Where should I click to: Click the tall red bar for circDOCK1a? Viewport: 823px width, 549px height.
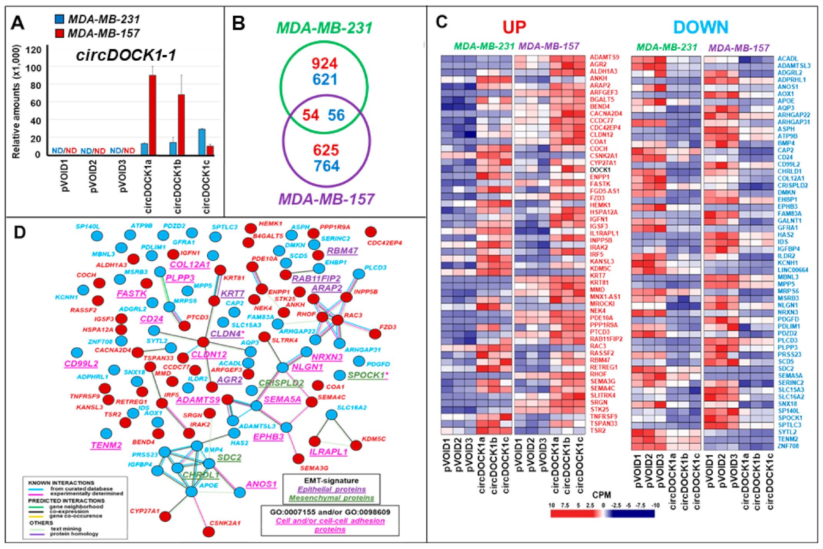pos(153,114)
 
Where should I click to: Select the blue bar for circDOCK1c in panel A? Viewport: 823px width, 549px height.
pos(202,142)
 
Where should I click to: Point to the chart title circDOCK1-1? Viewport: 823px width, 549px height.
pos(126,56)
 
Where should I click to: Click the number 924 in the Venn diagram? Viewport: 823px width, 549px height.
pos(324,63)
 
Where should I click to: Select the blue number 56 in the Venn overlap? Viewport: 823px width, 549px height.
pos(336,115)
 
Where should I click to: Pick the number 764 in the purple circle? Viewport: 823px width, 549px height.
pos(326,166)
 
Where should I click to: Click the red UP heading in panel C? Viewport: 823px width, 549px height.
pos(514,27)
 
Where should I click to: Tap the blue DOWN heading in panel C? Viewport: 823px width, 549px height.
pos(701,27)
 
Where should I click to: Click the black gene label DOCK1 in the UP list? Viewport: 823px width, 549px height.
pos(600,170)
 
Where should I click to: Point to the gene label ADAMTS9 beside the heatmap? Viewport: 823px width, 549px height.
pos(605,57)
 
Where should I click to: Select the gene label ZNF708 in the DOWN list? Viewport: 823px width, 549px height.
pos(788,446)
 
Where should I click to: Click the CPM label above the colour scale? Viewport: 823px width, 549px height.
pos(601,495)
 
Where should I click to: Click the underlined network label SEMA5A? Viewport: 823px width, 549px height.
pos(282,400)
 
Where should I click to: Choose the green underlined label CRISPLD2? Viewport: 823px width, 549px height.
pos(281,383)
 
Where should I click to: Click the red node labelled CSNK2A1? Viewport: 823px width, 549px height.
pos(208,532)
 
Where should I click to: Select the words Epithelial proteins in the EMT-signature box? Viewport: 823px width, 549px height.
pos(332,489)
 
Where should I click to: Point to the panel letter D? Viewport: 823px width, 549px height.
pos(20,232)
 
